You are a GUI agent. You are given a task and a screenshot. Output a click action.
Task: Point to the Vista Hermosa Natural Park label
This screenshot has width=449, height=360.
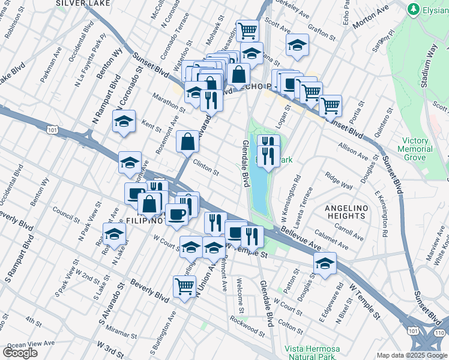[312, 353]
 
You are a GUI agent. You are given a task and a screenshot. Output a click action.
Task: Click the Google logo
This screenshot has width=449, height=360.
[20, 353]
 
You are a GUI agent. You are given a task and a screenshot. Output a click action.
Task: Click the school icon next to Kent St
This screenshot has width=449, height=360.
[124, 121]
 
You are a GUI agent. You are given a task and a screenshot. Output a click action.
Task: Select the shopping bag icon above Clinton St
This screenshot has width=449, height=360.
[187, 142]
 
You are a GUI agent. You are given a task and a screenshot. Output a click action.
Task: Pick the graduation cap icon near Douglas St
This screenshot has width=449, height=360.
[325, 263]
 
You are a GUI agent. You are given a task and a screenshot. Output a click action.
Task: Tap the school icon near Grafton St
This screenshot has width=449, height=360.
[297, 45]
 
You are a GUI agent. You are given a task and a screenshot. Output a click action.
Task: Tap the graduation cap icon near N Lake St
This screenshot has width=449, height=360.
[113, 235]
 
